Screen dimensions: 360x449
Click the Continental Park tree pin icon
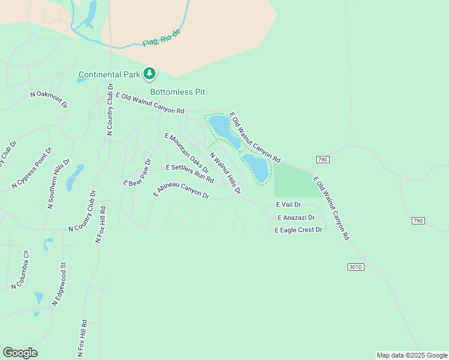149,74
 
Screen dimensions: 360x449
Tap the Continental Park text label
109,75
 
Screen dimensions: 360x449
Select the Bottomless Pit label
178,92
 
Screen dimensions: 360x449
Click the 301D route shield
355,266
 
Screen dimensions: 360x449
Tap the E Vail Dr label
288,205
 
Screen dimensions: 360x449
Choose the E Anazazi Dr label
296,218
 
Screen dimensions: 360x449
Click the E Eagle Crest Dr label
298,230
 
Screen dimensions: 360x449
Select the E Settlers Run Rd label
190,173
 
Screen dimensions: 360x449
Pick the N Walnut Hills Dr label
225,173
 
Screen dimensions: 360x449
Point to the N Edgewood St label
58,284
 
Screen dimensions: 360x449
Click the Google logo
20,353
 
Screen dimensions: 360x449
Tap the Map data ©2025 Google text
412,355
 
